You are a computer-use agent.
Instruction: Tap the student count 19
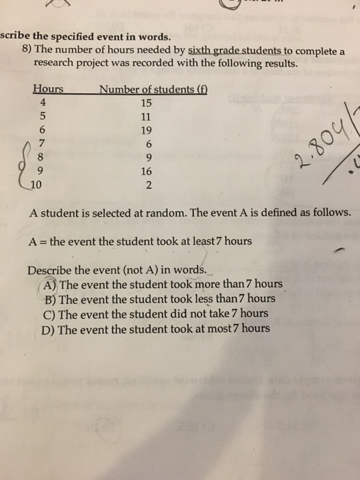point(145,130)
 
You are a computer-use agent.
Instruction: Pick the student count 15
point(145,103)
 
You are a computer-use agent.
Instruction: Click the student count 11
point(145,117)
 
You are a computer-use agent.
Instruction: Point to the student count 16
point(145,169)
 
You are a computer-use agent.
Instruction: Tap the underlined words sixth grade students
point(226,51)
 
